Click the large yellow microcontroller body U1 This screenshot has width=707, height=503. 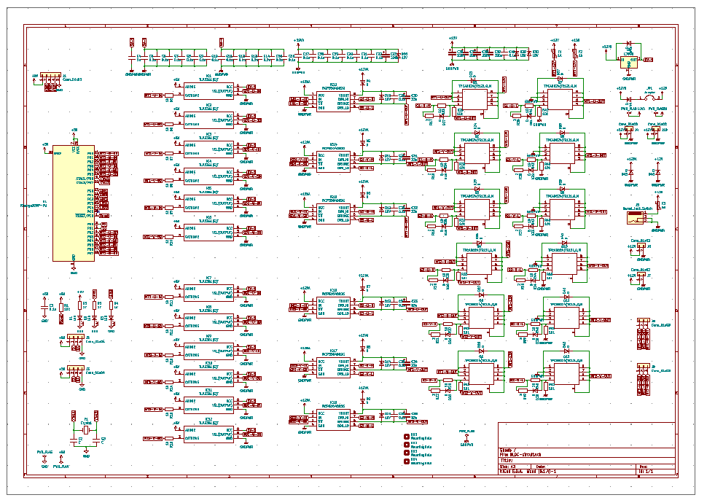click(x=73, y=203)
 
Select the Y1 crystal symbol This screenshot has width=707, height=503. click(x=85, y=431)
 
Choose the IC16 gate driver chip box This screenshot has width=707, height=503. click(x=334, y=305)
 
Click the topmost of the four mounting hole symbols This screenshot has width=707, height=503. click(x=407, y=437)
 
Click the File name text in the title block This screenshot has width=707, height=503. click(x=525, y=455)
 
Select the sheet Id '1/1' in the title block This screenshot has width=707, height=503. click(x=645, y=472)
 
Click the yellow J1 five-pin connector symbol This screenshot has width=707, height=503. click(x=50, y=77)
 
